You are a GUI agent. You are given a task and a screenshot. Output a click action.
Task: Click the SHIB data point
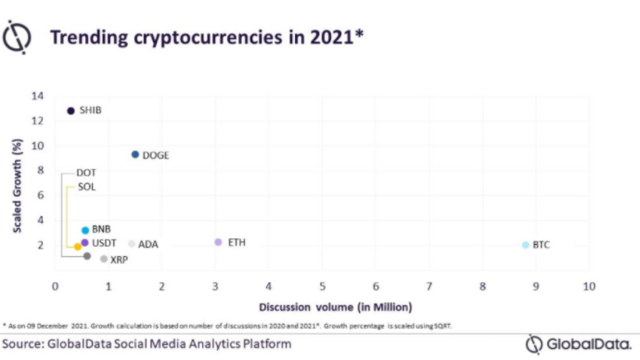click(71, 111)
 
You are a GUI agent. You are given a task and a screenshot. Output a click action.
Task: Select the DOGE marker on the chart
click(135, 155)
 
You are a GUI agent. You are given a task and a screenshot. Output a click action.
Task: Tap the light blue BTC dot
click(525, 245)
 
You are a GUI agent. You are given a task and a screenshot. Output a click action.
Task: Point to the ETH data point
click(218, 242)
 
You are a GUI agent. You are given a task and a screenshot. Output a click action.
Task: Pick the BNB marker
click(85, 230)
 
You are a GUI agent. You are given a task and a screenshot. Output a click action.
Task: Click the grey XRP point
click(103, 259)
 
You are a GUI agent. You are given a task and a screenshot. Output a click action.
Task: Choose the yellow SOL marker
click(77, 247)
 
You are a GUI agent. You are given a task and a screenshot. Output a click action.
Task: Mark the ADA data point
click(132, 244)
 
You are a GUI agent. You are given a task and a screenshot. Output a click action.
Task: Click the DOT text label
click(86, 173)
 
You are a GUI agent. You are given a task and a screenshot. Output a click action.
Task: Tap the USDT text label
click(105, 243)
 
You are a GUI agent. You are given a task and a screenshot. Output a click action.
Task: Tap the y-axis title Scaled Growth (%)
click(18, 186)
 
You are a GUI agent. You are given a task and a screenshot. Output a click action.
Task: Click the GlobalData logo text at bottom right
click(588, 344)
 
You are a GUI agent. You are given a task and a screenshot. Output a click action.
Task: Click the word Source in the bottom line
click(21, 343)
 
